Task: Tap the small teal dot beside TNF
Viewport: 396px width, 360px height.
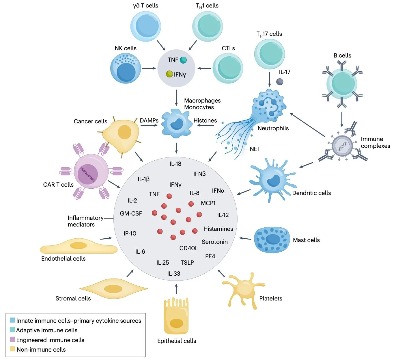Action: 183,60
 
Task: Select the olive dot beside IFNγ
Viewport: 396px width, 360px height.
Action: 169,74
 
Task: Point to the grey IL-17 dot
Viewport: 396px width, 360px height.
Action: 280,81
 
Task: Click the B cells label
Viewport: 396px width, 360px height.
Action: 342,55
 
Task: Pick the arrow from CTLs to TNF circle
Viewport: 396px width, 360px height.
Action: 205,68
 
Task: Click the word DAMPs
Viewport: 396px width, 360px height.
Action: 149,120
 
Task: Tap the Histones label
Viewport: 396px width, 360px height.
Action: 205,120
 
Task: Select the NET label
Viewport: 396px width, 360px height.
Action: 255,149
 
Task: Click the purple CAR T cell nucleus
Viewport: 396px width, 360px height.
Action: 88,174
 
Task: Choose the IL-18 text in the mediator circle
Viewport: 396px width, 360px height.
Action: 175,164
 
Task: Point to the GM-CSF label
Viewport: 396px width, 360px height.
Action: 131,214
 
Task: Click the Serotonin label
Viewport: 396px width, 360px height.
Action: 215,242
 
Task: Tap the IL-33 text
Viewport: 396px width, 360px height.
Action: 174,274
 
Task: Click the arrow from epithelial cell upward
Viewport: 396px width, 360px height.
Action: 176,289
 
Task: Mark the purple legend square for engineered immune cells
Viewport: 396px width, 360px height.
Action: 12,339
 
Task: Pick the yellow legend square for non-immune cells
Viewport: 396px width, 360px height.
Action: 12,349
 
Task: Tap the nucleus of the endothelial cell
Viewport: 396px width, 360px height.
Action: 79,246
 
